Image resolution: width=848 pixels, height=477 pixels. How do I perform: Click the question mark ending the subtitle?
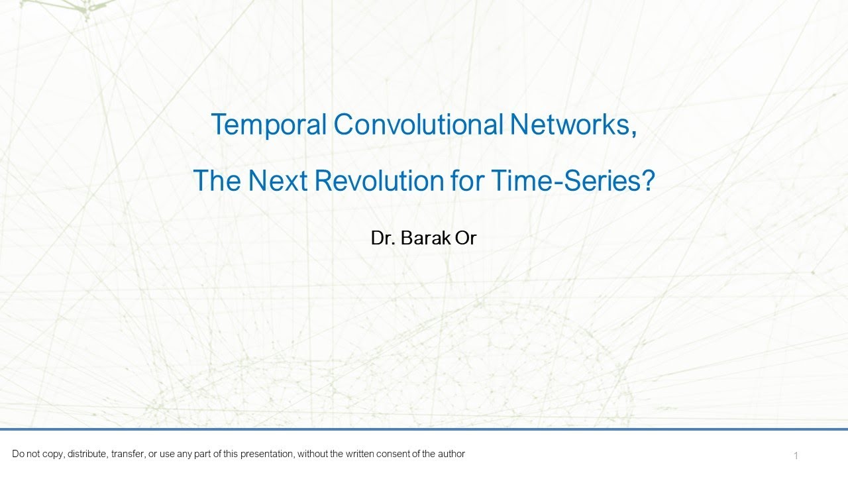coord(647,180)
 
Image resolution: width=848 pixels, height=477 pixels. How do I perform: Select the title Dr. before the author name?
coord(384,238)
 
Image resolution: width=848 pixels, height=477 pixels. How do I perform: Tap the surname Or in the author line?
coord(466,238)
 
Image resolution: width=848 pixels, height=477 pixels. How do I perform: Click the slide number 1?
coord(796,456)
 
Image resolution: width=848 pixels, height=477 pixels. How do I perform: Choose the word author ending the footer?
coord(451,454)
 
